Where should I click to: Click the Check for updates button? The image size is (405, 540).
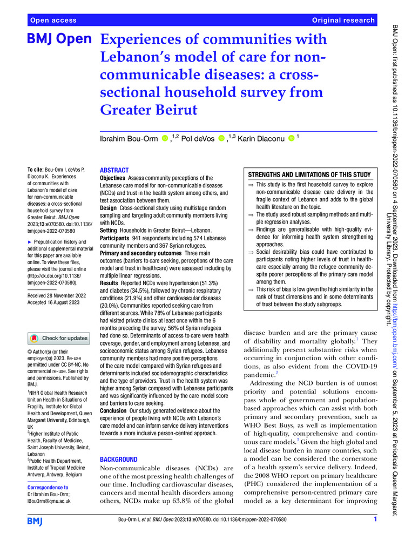coord(58,339)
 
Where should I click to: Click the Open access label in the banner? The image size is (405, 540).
coord(53,20)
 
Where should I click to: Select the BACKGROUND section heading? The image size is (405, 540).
coord(125,459)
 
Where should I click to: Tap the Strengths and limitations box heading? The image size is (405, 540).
coord(309,174)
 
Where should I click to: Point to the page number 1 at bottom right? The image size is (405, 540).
coord(375,519)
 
